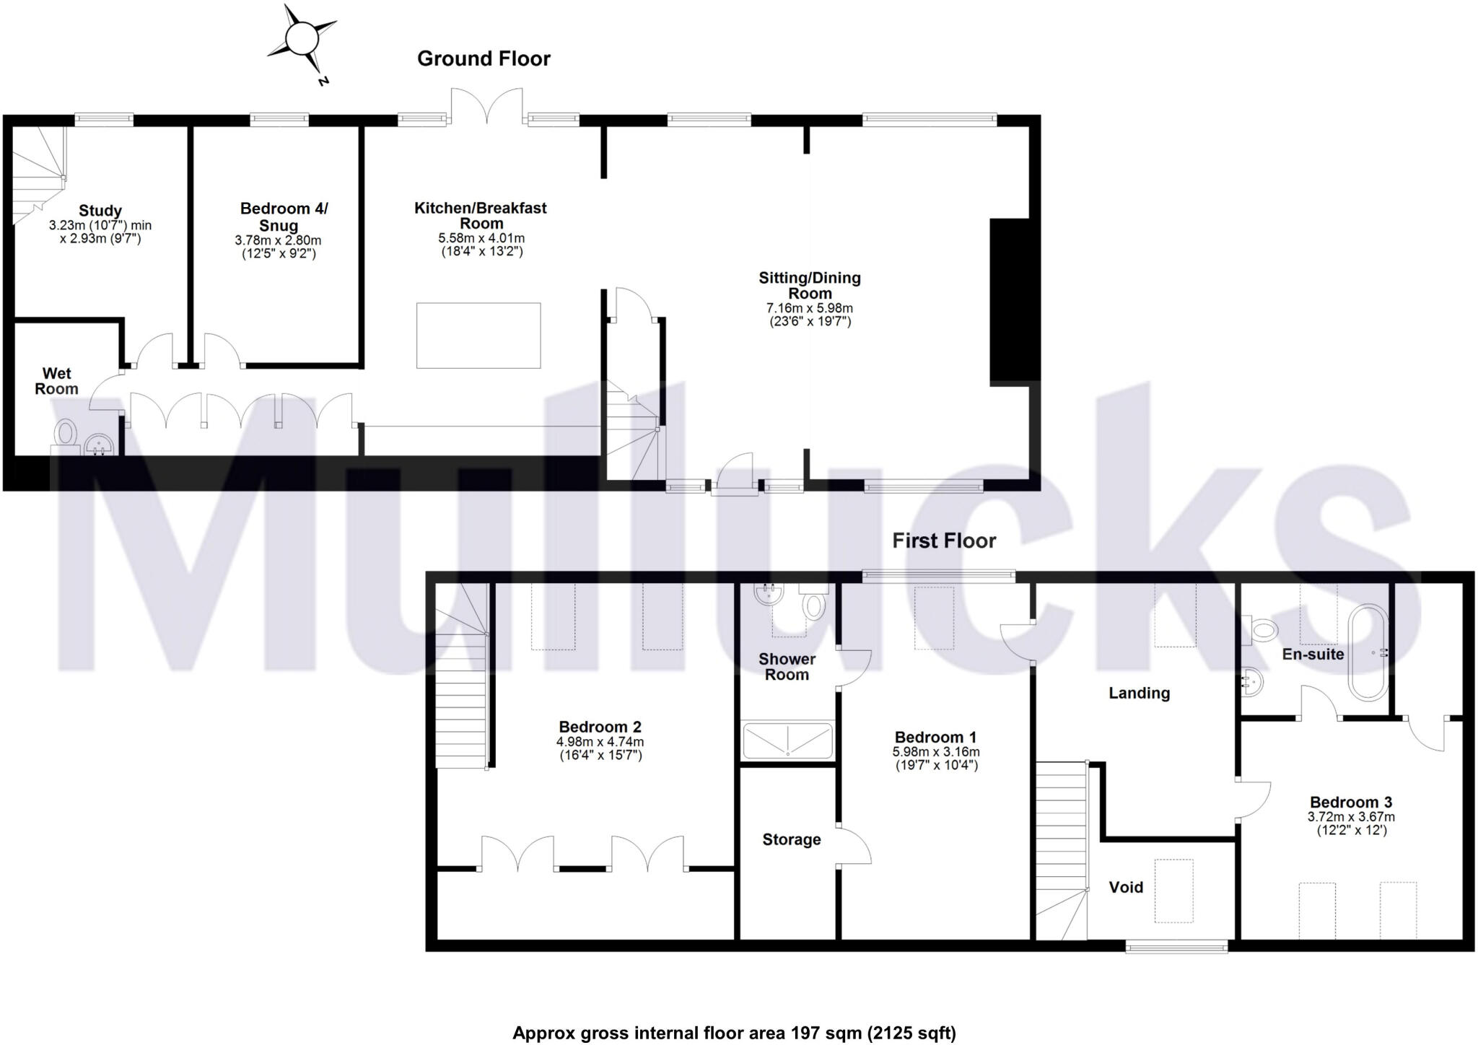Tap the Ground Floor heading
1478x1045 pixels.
[484, 59]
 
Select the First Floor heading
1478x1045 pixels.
[944, 541]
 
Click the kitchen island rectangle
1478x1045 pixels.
[478, 336]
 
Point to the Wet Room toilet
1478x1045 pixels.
[66, 435]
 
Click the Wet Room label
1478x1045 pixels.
[56, 381]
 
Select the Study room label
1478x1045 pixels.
[100, 211]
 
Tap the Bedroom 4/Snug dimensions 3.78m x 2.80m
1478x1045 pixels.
[278, 240]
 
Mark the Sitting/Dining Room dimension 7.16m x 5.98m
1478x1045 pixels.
[810, 308]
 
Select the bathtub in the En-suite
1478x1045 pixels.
[1368, 653]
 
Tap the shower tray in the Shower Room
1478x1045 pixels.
[787, 740]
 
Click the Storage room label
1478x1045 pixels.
[792, 839]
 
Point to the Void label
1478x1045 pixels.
[1126, 887]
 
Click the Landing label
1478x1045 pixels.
[1139, 693]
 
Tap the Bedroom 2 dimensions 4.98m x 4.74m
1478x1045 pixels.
[600, 742]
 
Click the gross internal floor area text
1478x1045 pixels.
[734, 1033]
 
